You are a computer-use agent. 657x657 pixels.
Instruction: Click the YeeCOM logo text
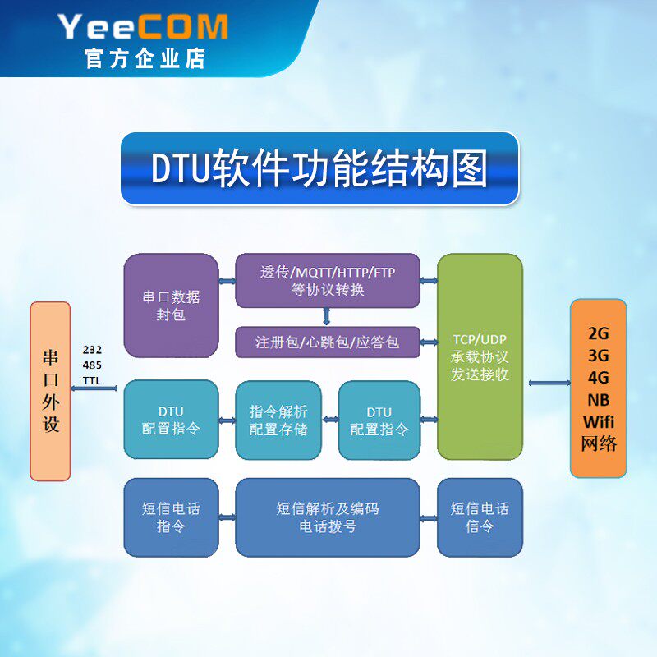click(x=144, y=27)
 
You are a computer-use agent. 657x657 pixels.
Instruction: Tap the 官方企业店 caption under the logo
click(x=145, y=59)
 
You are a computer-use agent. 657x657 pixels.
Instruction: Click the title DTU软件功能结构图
click(x=319, y=168)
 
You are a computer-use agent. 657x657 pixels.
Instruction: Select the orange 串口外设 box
click(x=50, y=391)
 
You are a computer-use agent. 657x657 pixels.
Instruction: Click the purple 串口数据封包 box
click(x=171, y=305)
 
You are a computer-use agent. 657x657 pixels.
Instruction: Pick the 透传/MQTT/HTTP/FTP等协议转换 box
click(x=328, y=281)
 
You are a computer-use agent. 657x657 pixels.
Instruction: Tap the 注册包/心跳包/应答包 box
click(x=328, y=342)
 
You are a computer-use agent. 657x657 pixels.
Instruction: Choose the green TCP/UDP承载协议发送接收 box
click(x=480, y=356)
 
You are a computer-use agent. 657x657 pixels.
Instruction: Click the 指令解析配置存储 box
click(x=278, y=420)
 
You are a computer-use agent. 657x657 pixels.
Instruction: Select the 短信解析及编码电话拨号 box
click(x=328, y=517)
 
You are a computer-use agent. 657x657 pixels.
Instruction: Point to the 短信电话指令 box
click(x=171, y=517)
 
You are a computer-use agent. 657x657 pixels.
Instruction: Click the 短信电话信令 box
click(x=480, y=517)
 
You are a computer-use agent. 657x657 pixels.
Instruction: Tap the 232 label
click(x=92, y=351)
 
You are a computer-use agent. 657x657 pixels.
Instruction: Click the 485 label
click(x=92, y=365)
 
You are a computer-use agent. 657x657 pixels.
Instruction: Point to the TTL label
click(x=92, y=380)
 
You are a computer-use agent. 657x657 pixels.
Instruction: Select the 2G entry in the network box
click(x=599, y=333)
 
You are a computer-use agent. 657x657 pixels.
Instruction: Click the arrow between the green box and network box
click(x=547, y=383)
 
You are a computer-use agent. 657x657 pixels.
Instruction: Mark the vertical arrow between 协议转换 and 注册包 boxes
click(x=327, y=316)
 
